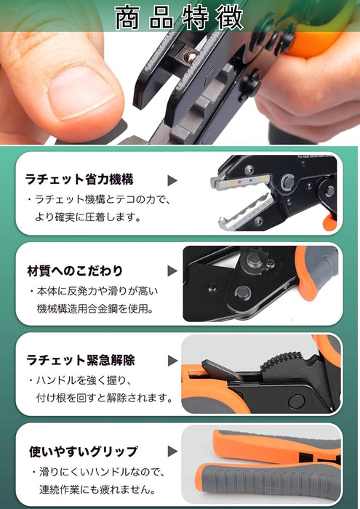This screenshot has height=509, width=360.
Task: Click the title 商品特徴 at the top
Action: click(179, 17)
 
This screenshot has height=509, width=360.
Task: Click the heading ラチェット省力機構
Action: click(79, 179)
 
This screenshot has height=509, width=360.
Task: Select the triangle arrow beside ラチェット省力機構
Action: click(172, 180)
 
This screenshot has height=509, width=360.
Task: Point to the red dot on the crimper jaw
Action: click(239, 182)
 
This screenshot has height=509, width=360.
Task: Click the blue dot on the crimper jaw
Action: click(250, 180)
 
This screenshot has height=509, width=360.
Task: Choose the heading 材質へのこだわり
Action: click(75, 270)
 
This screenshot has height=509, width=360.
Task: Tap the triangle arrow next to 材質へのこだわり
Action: click(172, 270)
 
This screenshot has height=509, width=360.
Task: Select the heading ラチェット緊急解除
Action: click(81, 361)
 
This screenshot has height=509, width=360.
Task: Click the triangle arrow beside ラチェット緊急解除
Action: click(172, 361)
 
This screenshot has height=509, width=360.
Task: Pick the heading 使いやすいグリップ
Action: click(84, 452)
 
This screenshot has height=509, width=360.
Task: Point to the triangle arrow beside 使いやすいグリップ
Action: click(172, 452)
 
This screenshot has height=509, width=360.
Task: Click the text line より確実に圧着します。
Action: click(88, 217)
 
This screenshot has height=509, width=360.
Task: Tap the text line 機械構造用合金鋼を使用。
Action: click(95, 308)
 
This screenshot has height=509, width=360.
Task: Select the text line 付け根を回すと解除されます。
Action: click(104, 398)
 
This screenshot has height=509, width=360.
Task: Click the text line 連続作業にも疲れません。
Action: click(97, 489)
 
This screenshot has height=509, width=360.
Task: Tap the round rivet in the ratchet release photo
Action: click(297, 401)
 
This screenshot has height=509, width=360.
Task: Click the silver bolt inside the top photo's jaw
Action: click(191, 57)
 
